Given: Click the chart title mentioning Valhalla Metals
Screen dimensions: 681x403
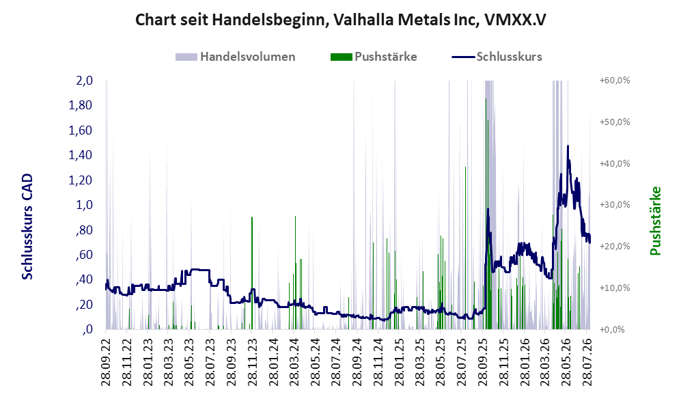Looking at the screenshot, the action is point(340,20).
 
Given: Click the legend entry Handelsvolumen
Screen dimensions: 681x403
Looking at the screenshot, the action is point(236,57).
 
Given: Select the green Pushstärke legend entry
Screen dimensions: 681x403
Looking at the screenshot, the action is point(374,57).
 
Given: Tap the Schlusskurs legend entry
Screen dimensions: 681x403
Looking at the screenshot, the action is point(497,57).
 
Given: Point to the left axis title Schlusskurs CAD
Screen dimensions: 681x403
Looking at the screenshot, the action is point(27,226).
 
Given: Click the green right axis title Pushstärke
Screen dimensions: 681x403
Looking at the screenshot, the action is point(655,221).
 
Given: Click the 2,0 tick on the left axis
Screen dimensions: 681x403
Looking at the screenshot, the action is point(85,81).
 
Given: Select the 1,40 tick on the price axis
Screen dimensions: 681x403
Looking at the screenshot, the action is point(81,155).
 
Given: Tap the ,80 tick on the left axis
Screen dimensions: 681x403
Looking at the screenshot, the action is point(84,230).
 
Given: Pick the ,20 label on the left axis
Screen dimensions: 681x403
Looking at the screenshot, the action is point(84,305).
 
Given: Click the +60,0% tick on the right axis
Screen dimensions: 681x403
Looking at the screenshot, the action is point(615,81).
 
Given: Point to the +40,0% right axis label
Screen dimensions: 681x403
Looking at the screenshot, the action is point(615,163).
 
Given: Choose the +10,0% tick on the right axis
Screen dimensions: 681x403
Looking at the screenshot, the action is point(615,288).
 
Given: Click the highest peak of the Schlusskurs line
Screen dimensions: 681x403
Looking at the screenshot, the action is point(568,146).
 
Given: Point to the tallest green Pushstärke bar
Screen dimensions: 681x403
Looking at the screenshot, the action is point(486,214).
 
